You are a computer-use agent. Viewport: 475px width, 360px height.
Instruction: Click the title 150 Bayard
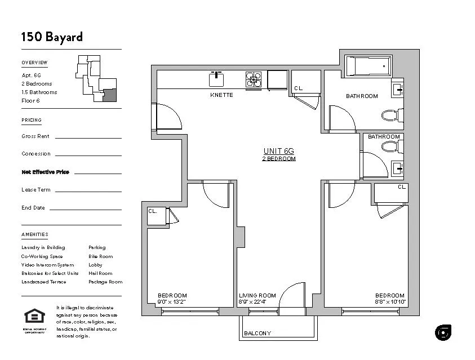tap(52, 37)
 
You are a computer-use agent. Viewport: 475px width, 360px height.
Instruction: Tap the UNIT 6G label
tap(279, 151)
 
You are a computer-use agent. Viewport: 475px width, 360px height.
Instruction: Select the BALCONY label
tap(258, 334)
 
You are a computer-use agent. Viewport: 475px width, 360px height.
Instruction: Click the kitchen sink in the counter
tap(217, 79)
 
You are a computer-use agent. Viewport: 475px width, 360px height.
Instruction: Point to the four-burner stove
tap(254, 79)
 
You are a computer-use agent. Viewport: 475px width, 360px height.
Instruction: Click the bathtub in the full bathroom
tap(368, 66)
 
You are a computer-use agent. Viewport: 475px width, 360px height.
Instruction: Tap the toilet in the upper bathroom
tap(390, 115)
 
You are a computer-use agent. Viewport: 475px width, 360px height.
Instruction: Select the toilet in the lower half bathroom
tap(389, 147)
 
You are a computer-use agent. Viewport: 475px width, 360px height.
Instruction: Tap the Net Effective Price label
tap(45, 172)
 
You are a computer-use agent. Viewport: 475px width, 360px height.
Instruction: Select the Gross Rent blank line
tap(88, 137)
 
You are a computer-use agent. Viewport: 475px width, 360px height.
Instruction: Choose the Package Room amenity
tap(105, 282)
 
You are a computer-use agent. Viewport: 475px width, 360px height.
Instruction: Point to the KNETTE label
tap(221, 95)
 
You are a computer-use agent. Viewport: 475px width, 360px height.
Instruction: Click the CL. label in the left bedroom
tap(153, 211)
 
